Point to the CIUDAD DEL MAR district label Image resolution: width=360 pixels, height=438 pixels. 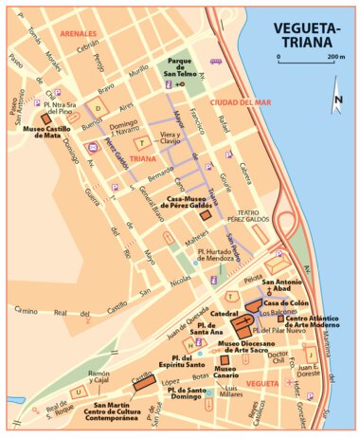(241, 101)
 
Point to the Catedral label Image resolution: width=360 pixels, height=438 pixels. (223, 312)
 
